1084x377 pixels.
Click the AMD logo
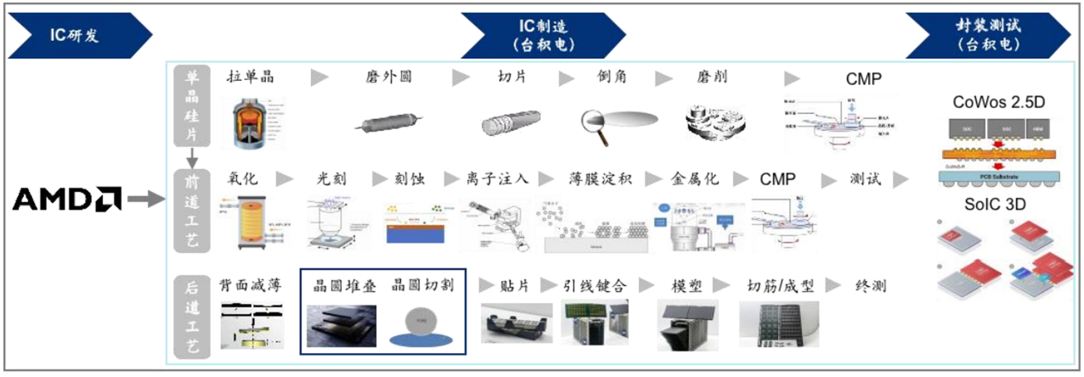point(67,199)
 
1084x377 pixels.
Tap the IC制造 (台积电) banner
point(543,35)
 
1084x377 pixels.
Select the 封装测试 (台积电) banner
point(987,35)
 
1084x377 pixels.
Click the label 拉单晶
point(250,77)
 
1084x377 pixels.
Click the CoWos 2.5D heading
point(998,102)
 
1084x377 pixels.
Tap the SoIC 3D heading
point(994,204)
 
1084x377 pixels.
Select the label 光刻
point(331,178)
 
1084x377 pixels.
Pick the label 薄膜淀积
point(600,178)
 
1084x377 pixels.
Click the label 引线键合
point(594,286)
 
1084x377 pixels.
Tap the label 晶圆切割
point(422,285)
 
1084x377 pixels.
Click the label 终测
point(871,286)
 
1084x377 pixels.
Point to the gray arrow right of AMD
point(145,199)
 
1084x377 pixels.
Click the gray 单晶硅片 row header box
point(191,106)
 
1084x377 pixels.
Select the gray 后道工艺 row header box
point(191,317)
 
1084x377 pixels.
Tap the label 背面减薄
point(250,285)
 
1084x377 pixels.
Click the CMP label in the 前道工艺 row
point(777,179)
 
